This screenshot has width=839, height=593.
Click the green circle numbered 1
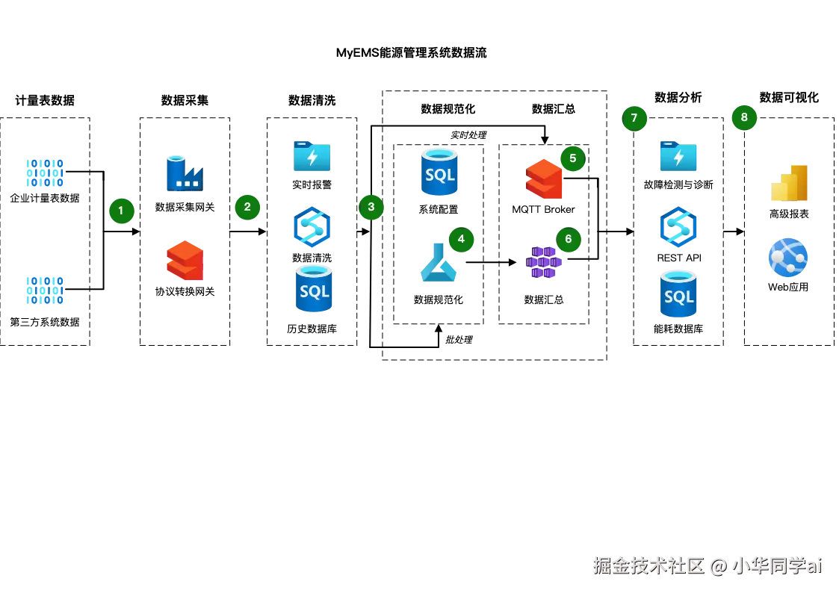(x=121, y=211)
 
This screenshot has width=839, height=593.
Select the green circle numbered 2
(x=247, y=207)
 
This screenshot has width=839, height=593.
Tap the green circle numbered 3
(x=371, y=207)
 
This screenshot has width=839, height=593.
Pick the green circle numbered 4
(x=461, y=239)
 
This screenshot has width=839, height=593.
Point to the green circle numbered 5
(x=572, y=158)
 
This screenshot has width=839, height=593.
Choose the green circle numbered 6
(x=569, y=239)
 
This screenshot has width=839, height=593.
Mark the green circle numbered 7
(x=634, y=118)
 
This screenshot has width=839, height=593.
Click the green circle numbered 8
(x=744, y=117)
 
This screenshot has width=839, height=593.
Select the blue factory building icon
(x=182, y=173)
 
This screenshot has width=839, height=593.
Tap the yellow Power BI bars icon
(x=790, y=183)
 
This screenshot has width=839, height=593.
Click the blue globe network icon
(x=787, y=258)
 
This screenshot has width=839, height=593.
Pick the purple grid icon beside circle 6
(x=543, y=263)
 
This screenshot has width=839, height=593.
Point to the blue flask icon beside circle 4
(x=438, y=264)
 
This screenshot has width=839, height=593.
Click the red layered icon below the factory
(x=184, y=260)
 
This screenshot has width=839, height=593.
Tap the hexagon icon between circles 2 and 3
(x=312, y=226)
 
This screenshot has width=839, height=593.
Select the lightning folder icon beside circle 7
(x=678, y=157)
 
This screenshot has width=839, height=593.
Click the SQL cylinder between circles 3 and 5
(x=439, y=173)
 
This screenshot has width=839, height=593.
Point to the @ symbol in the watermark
(x=718, y=565)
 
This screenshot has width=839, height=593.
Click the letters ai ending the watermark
(x=814, y=565)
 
